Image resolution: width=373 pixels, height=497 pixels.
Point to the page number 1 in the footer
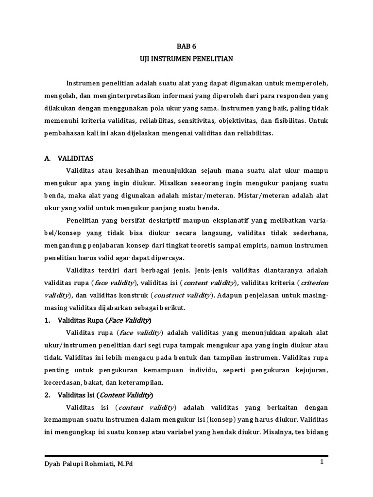(x=322, y=462)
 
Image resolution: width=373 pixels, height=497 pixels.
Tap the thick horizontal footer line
(x=186, y=456)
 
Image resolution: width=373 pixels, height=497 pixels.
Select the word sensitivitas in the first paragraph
(x=197, y=120)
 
